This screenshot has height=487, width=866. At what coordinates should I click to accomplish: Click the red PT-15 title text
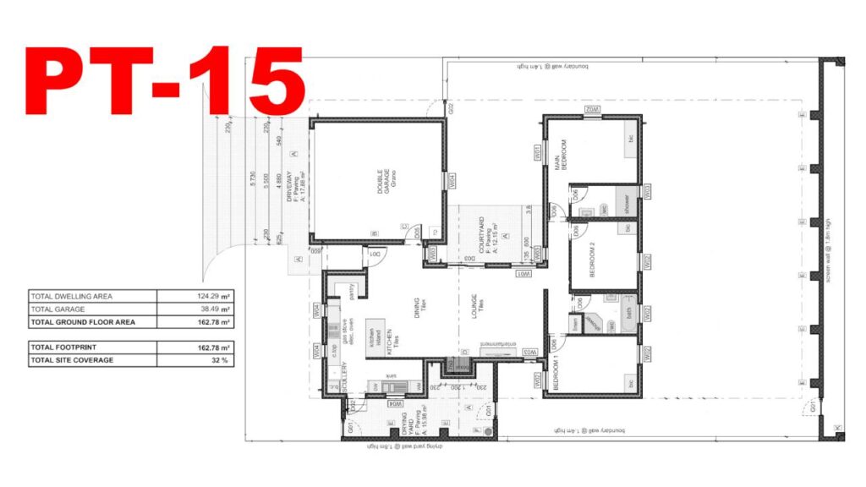click(165, 81)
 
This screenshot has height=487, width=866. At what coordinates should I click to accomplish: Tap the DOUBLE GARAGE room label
click(381, 183)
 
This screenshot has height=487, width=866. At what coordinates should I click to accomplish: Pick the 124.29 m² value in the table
click(212, 296)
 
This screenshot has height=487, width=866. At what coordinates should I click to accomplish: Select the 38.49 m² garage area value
click(212, 309)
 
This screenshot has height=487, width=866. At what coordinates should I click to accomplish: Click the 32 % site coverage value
click(219, 360)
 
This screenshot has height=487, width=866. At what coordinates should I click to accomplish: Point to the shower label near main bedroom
click(627, 204)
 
